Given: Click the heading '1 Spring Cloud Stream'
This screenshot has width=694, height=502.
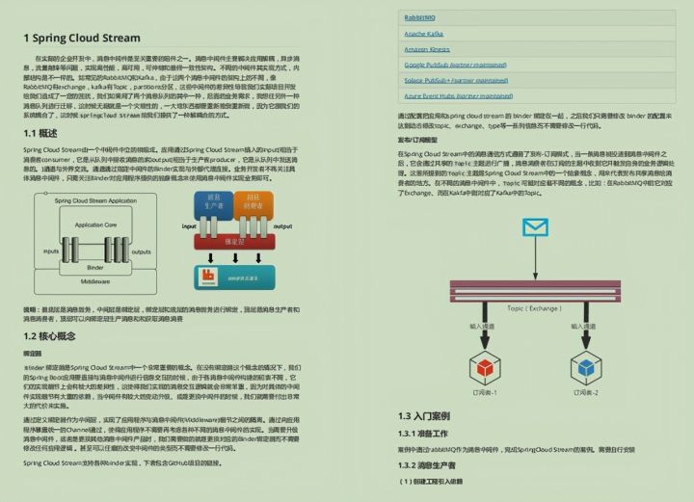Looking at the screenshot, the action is [82, 39].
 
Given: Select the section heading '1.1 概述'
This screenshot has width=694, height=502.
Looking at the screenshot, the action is [41, 134].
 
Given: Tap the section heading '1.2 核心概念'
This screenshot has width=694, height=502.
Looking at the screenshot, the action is [50, 336].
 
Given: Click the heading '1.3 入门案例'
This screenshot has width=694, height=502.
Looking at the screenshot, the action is [424, 416].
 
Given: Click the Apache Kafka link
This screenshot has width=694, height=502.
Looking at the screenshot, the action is [424, 34].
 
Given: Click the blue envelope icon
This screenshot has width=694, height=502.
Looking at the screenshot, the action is [534, 227].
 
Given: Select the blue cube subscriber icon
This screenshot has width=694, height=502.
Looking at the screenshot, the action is [584, 366].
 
